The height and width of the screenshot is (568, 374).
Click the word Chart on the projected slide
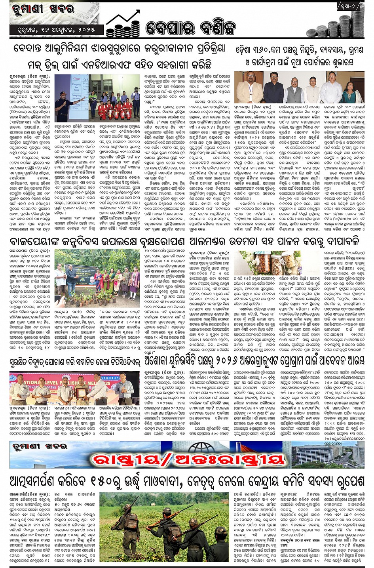click(76, 79)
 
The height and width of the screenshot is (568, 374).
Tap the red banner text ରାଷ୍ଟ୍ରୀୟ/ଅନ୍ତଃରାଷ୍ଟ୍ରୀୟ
click(188, 459)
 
